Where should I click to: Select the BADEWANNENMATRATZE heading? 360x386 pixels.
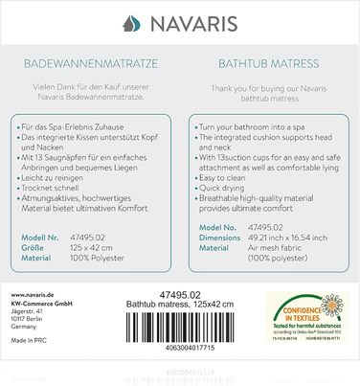click(x=91, y=66)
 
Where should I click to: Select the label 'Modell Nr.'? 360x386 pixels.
click(x=46, y=234)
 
